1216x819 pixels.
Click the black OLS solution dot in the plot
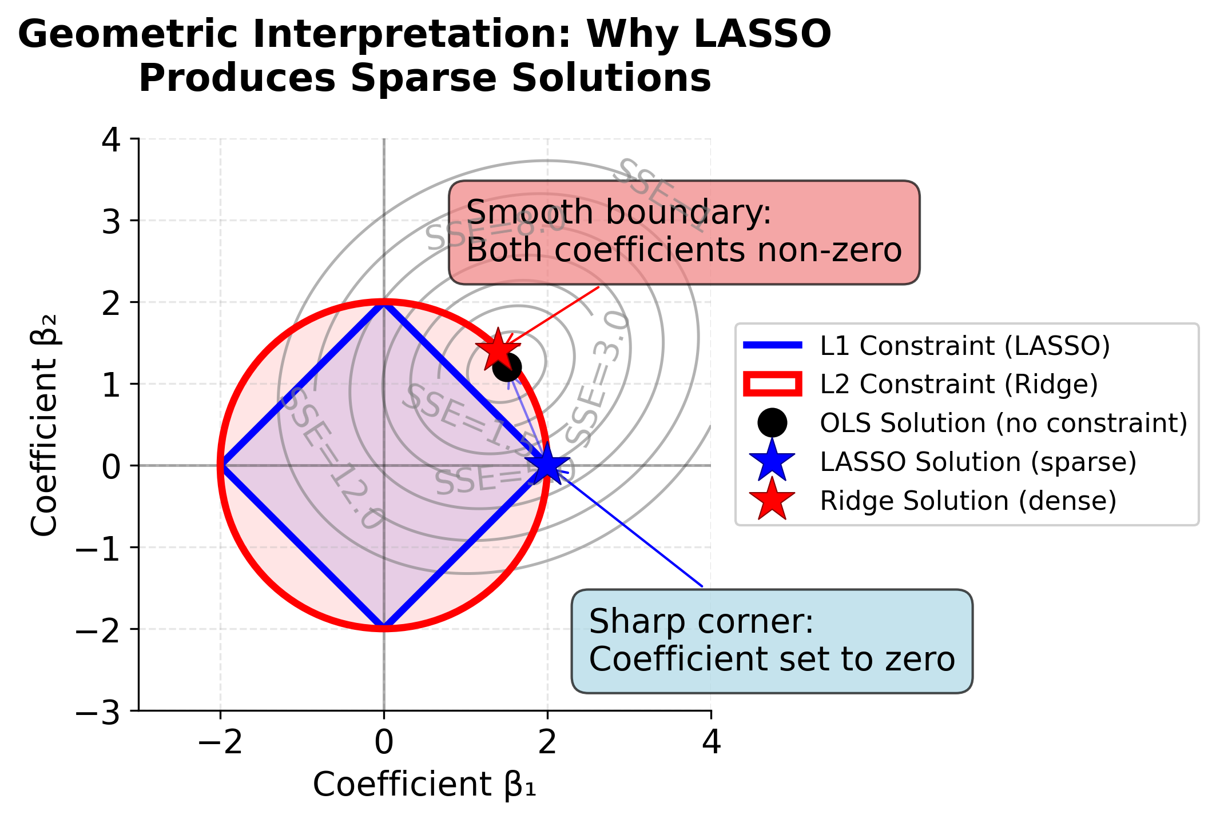507,367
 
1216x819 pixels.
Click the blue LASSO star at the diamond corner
547,465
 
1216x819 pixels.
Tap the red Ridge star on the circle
498,349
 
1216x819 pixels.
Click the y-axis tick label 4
112,140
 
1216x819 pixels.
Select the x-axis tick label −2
220,744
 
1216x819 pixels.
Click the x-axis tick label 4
711,744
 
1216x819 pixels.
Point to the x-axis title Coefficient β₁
424,784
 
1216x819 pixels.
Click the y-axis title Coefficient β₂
45,425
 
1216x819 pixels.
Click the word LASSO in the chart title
762,34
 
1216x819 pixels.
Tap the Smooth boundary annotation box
683,232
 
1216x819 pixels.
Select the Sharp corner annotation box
771,641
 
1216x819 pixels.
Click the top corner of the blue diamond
384,303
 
